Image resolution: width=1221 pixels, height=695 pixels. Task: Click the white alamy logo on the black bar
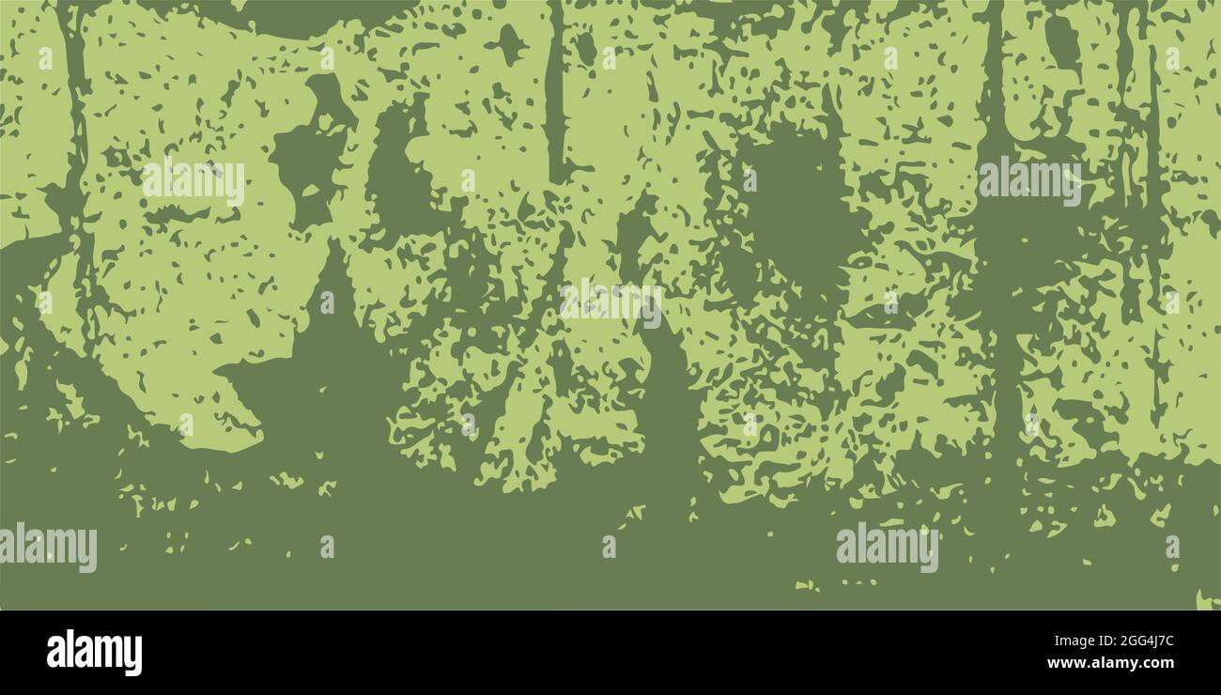pos(94,653)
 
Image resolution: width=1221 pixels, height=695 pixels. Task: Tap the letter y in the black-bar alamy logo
pos(134,656)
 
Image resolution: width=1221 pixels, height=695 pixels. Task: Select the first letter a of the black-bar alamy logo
pos(55,653)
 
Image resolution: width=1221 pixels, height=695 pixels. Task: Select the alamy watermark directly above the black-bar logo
pos(49,547)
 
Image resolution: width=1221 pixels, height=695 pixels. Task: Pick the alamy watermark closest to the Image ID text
pos(887,547)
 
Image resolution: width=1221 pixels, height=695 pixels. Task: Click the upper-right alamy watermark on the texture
pos(1029,180)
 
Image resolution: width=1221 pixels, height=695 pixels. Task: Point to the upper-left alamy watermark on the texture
pos(193,181)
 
